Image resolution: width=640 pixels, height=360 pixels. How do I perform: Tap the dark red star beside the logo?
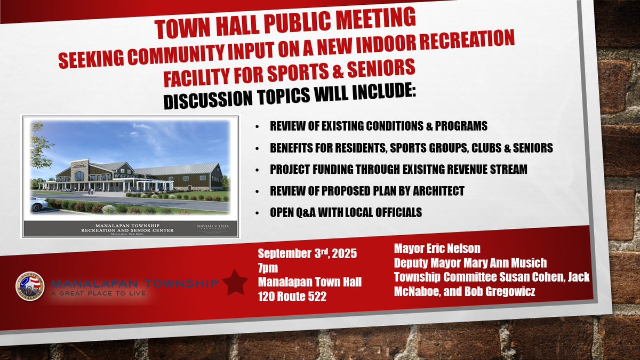(235, 283)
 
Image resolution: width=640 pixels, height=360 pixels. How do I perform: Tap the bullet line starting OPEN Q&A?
(346, 212)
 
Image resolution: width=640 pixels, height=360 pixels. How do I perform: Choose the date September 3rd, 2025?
(307, 253)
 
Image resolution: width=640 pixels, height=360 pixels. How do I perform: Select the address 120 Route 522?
(292, 296)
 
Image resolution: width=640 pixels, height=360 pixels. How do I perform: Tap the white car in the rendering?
(38, 203)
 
